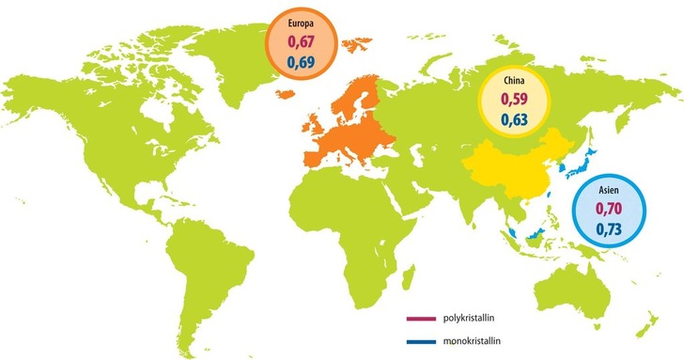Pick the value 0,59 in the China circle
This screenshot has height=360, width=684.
[x=514, y=99]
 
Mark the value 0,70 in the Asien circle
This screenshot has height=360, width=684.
[x=609, y=210]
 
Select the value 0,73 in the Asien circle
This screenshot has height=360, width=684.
[x=609, y=230]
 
